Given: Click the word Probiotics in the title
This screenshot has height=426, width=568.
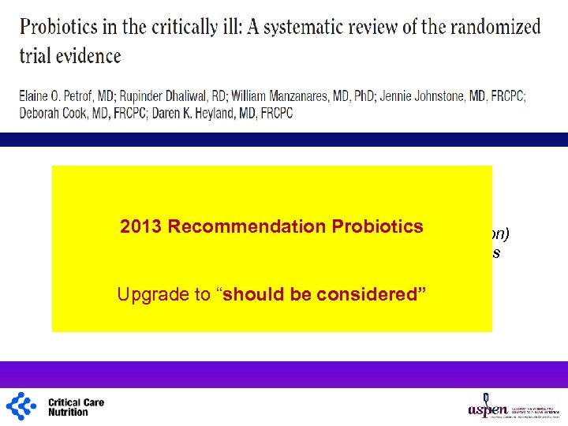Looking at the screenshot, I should coord(59,28).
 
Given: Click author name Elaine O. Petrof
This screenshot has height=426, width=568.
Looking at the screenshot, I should coord(63,95).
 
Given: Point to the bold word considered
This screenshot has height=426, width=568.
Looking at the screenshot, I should coord(372,294).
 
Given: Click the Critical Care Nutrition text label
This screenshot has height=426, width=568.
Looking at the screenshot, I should coord(76,407).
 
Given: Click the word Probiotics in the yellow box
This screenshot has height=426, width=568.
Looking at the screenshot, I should coord(377,226).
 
